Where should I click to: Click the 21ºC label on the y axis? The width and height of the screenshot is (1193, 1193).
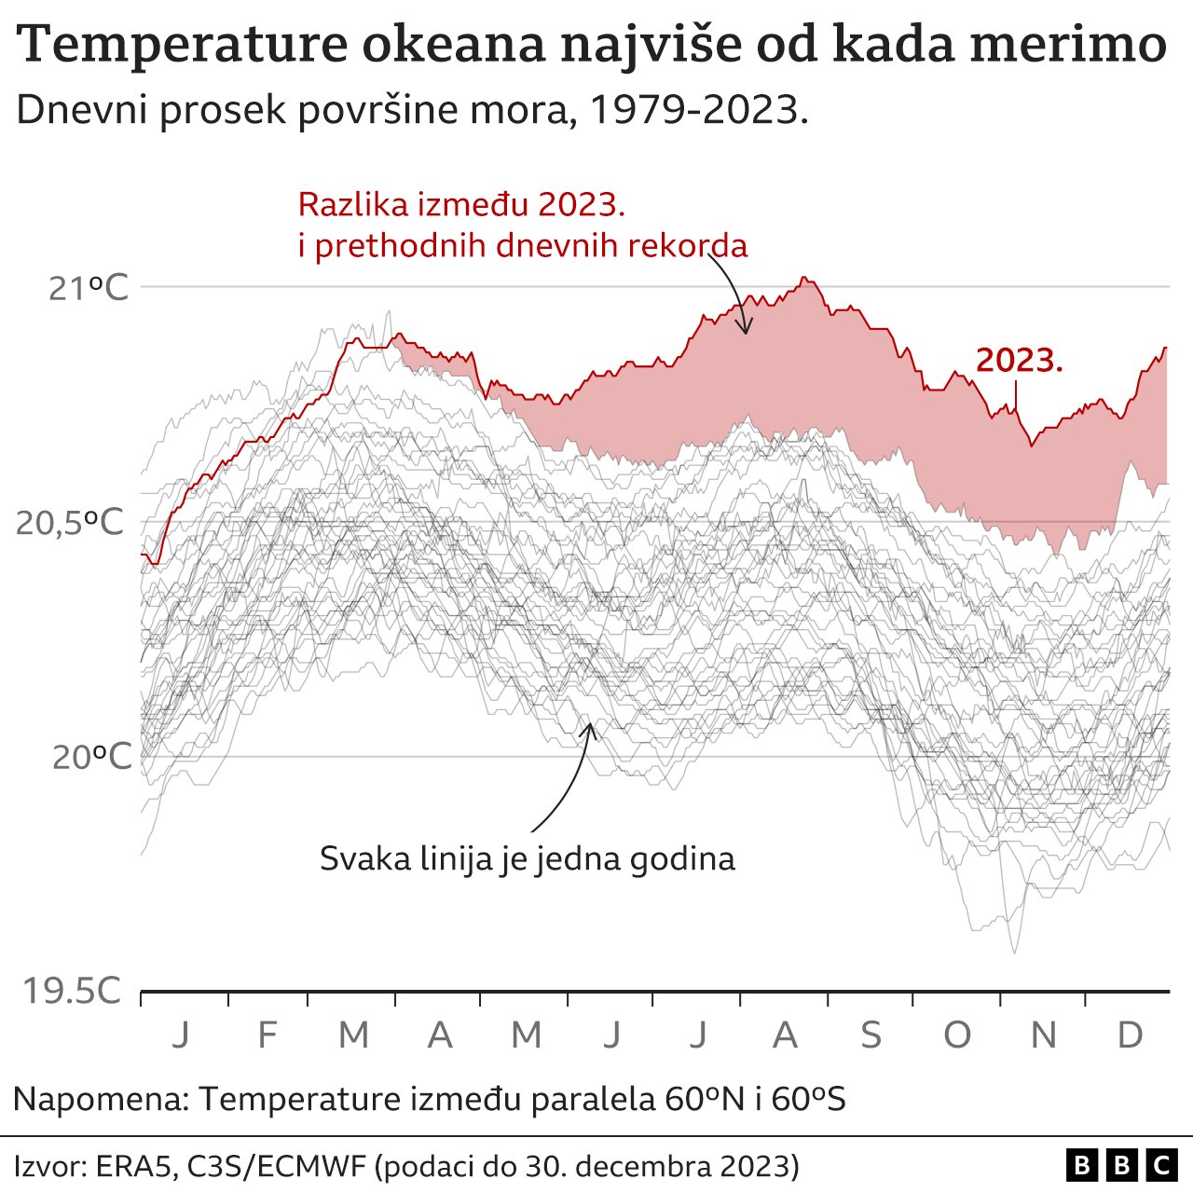pyautogui.click(x=88, y=288)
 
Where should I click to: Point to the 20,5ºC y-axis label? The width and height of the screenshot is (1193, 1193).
pyautogui.click(x=70, y=523)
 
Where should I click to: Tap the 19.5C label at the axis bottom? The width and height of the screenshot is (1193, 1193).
pyautogui.click(x=71, y=992)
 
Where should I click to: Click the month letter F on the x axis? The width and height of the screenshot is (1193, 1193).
pyautogui.click(x=267, y=1035)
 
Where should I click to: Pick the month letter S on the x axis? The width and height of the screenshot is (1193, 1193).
pyautogui.click(x=871, y=1035)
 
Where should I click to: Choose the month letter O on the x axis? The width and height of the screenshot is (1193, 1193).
pyautogui.click(x=957, y=1035)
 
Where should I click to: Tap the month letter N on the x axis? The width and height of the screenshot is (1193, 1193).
pyautogui.click(x=1043, y=1035)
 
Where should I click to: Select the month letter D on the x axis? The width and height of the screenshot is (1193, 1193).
pyautogui.click(x=1130, y=1035)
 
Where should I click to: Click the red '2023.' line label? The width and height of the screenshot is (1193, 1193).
pyautogui.click(x=1020, y=361)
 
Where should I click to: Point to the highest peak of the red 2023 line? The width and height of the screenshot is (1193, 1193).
pyautogui.click(x=805, y=278)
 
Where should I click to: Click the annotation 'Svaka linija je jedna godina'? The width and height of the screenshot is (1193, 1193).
pyautogui.click(x=527, y=858)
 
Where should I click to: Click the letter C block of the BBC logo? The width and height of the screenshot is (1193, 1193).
pyautogui.click(x=1161, y=1165)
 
